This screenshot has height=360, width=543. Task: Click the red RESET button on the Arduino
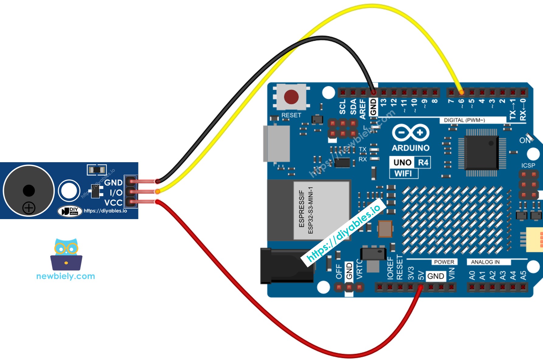click(x=291, y=97)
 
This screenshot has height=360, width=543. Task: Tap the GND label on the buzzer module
click(x=113, y=183)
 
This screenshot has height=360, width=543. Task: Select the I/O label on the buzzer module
click(x=116, y=193)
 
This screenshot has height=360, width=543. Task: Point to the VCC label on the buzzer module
click(x=113, y=203)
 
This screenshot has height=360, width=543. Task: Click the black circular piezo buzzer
click(x=29, y=190)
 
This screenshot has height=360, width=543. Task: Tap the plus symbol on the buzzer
click(x=29, y=208)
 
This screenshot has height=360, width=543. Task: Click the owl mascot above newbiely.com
click(x=66, y=254)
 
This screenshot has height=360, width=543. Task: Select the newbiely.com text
click(x=65, y=276)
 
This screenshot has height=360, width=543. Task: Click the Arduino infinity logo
click(x=410, y=133)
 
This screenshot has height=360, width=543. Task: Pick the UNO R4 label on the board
click(x=410, y=163)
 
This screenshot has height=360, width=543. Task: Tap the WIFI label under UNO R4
click(x=403, y=173)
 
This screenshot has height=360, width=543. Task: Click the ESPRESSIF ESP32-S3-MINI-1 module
click(x=321, y=210)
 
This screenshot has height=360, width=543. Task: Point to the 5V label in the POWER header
click(x=421, y=276)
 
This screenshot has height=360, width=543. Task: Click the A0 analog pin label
click(x=472, y=276)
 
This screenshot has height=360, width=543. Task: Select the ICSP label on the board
click(x=528, y=165)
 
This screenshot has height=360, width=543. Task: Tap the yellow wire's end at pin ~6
click(x=461, y=92)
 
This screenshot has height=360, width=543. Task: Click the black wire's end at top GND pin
click(x=374, y=92)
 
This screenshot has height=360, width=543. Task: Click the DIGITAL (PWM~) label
click(x=464, y=120)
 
